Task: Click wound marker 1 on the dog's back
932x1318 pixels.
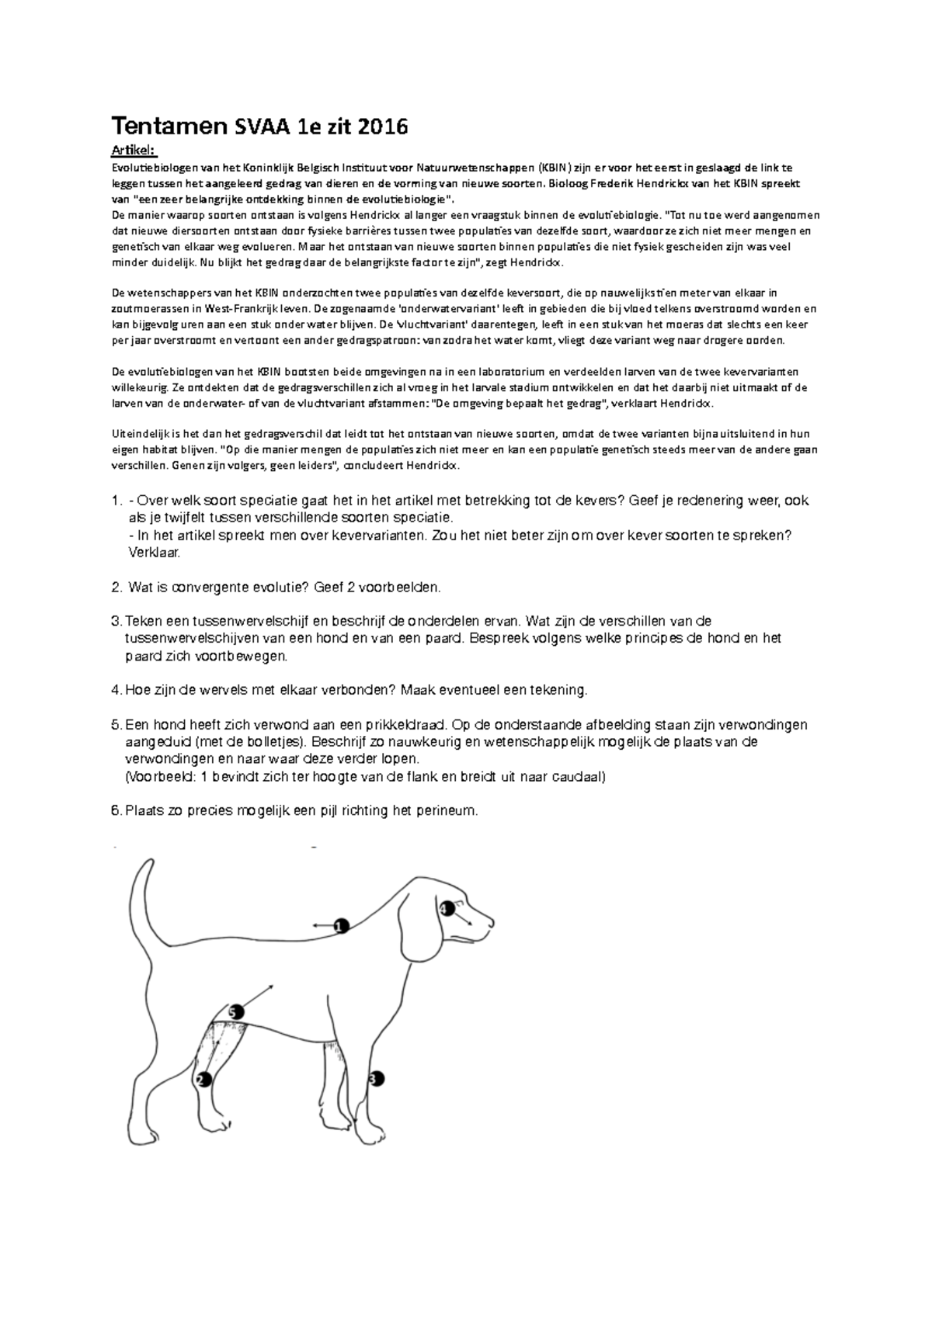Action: [339, 925]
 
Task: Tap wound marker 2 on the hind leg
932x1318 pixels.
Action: [204, 1079]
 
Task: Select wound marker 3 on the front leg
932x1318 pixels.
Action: [376, 1078]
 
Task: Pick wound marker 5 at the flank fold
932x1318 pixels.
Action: [236, 1012]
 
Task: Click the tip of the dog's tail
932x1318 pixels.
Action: [148, 864]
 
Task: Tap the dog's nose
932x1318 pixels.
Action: [491, 921]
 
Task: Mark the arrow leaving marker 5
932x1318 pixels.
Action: [260, 995]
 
